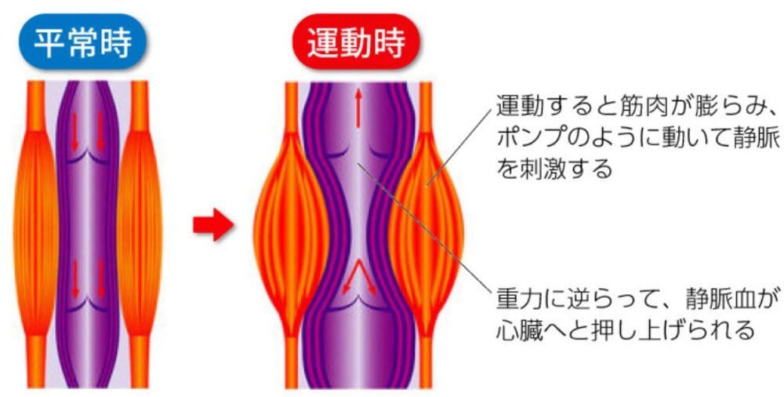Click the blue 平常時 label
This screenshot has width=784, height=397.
(82, 42)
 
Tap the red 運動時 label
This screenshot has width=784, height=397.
(356, 42)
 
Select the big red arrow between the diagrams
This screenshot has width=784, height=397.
(213, 224)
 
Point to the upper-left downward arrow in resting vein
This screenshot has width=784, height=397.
(75, 132)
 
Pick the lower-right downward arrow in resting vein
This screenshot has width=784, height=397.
(101, 280)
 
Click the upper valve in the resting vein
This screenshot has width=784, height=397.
(88, 158)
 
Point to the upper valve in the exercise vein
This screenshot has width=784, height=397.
(358, 154)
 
